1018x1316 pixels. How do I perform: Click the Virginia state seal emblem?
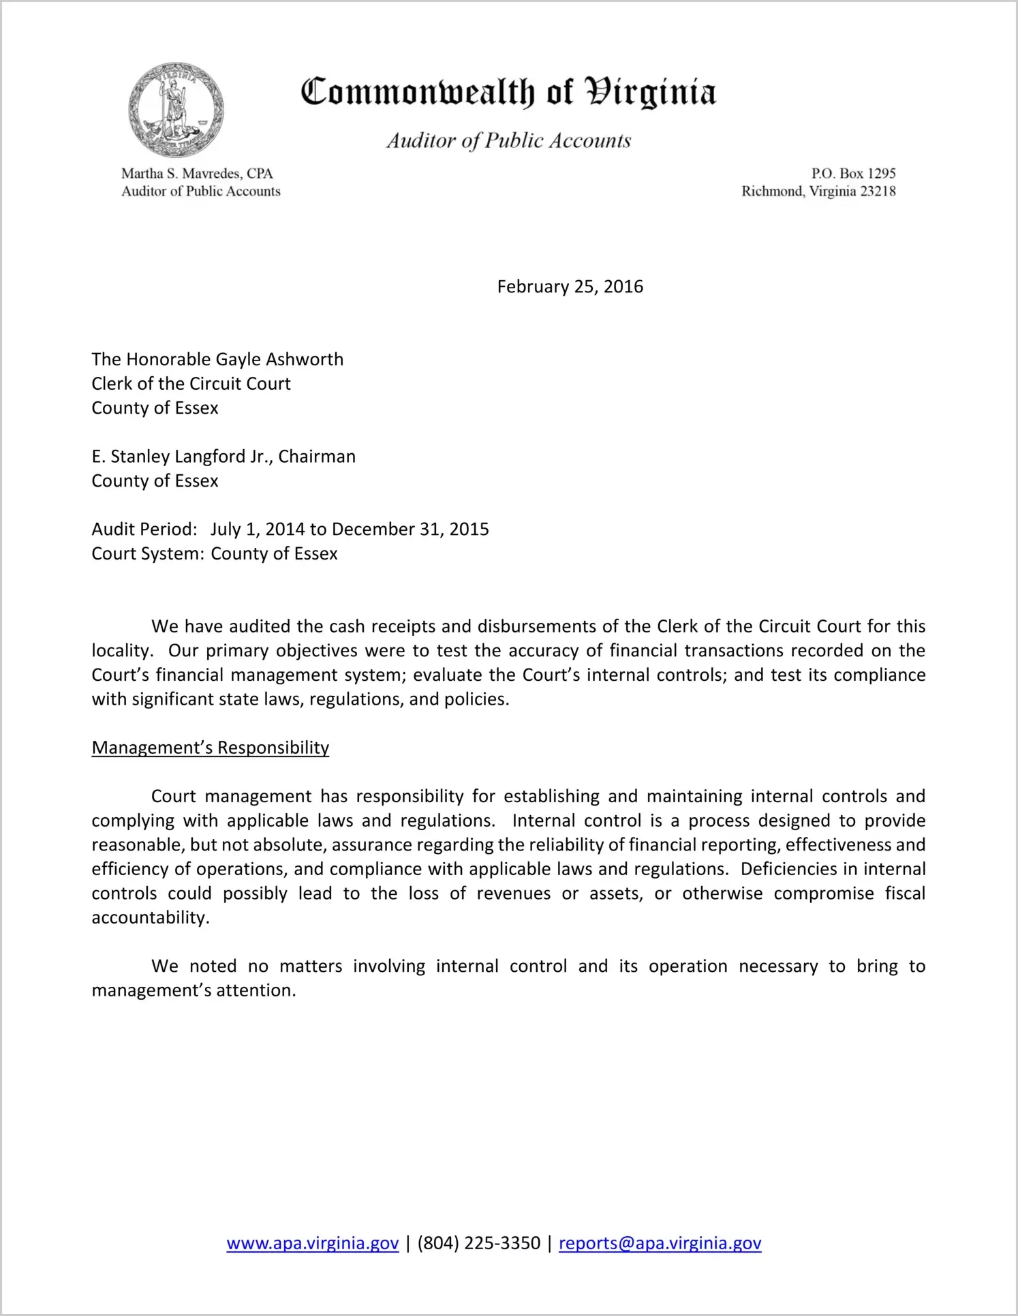(x=176, y=110)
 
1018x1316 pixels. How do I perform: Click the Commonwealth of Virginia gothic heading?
(x=508, y=92)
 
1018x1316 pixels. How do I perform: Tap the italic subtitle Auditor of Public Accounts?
(x=508, y=140)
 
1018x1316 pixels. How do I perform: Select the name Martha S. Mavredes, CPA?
(x=197, y=174)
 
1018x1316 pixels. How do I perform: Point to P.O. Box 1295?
(x=853, y=174)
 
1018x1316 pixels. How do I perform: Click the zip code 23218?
(x=878, y=192)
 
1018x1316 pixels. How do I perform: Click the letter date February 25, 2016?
(x=570, y=286)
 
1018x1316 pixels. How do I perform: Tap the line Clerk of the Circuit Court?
(x=191, y=384)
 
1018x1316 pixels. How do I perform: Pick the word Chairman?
(x=317, y=457)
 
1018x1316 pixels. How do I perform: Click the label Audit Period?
(x=144, y=530)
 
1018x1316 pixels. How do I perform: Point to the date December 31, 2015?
(x=410, y=530)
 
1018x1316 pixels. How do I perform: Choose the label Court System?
(x=148, y=553)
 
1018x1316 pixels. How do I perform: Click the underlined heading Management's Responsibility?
(x=210, y=748)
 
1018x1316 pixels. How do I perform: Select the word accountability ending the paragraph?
(x=150, y=917)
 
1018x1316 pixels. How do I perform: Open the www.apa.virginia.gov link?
(x=312, y=1243)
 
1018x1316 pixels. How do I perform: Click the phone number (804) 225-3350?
(x=478, y=1243)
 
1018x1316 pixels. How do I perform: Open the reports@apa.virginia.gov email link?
(x=660, y=1243)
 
